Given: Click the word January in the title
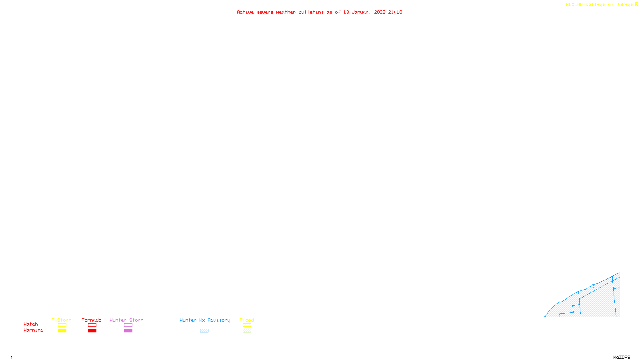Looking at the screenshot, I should click(x=362, y=12).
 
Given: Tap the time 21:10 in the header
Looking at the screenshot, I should click(x=395, y=12).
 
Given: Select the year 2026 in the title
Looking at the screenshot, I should click(x=380, y=12).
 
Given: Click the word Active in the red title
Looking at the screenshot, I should click(x=245, y=12).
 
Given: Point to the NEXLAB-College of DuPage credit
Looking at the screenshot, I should click(x=599, y=5).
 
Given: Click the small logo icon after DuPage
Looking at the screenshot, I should click(x=637, y=4).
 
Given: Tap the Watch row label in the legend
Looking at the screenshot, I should click(x=31, y=324).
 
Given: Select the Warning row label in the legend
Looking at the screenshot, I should click(x=34, y=330).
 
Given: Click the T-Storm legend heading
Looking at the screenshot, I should click(x=62, y=320).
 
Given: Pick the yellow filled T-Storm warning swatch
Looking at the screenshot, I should click(x=62, y=331).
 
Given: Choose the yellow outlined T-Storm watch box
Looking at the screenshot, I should click(x=62, y=325).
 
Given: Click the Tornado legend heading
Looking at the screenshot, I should click(x=92, y=320).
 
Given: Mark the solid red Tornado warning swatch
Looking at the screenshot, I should click(x=92, y=331).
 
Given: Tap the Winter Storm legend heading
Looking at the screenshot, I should click(x=126, y=320).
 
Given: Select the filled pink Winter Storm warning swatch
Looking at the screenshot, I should click(x=128, y=331).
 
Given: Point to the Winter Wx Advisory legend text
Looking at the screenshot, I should click(x=205, y=320).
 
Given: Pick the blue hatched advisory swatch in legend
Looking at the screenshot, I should click(x=204, y=331).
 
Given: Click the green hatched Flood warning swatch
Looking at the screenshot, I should click(x=247, y=331).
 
